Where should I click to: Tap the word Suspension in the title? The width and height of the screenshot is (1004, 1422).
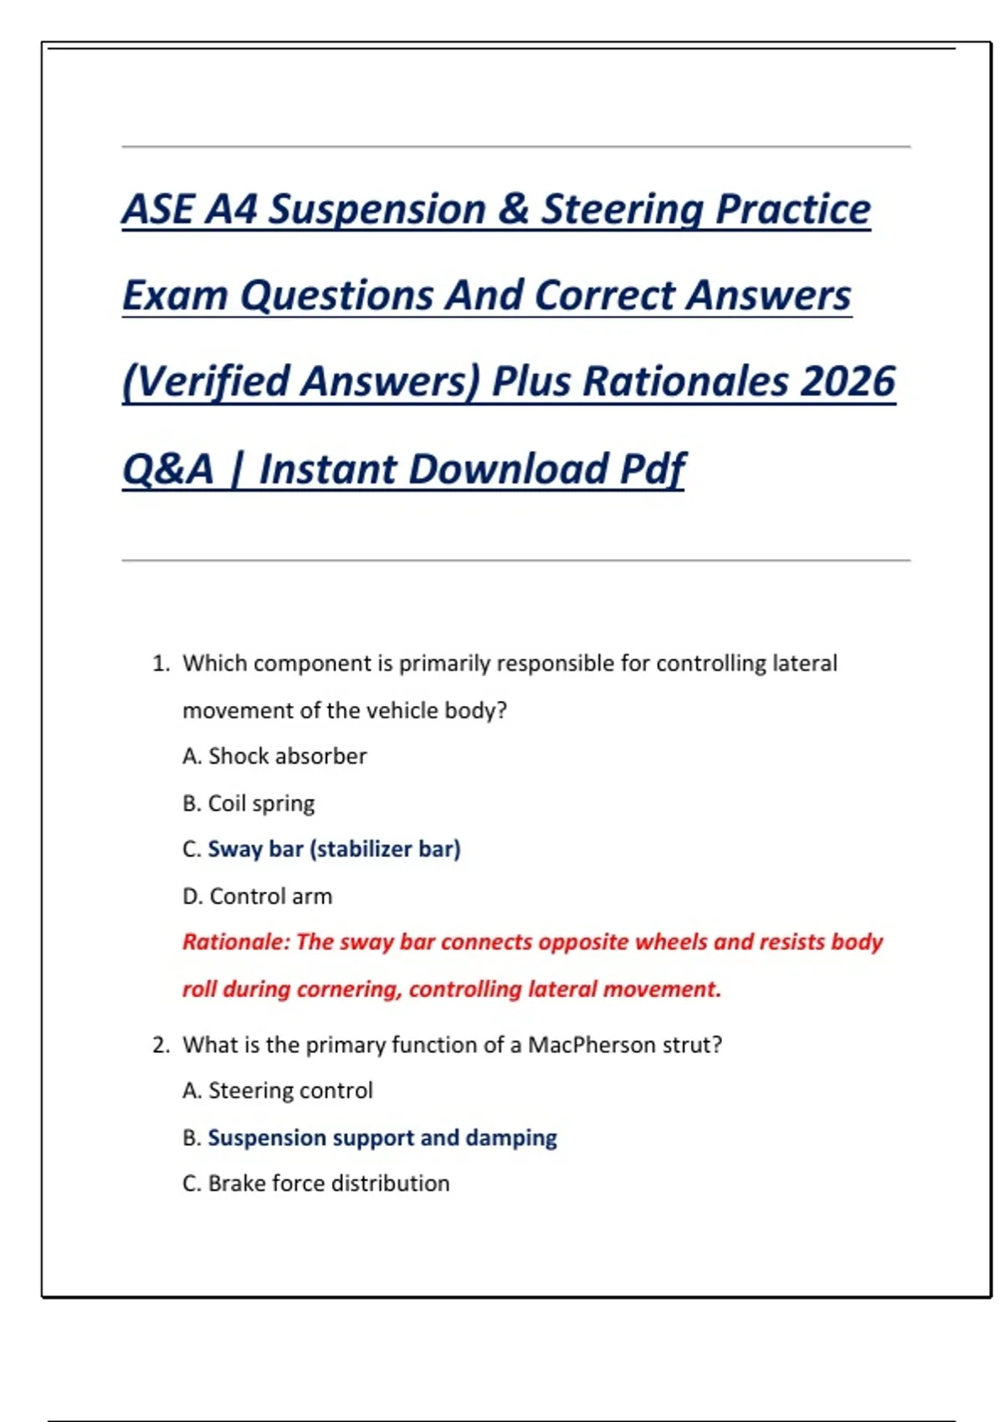[x=376, y=209]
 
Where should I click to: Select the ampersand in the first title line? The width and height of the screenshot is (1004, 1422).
[x=512, y=209]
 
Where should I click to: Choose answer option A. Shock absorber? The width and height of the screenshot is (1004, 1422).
[x=274, y=756]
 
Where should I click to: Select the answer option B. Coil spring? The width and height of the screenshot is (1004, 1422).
[x=248, y=803]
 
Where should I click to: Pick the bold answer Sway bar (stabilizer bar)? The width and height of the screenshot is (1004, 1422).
[x=334, y=849]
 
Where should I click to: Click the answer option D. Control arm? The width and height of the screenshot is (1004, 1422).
[x=258, y=896]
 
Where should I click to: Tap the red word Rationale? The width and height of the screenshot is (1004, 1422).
[x=236, y=942]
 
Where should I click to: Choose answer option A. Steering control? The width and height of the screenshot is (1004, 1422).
[x=278, y=1091]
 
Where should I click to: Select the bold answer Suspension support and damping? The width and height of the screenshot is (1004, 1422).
[x=382, y=1138]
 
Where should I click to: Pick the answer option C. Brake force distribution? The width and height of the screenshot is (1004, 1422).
[x=316, y=1184]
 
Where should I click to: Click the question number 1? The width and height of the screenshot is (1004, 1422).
[x=161, y=663]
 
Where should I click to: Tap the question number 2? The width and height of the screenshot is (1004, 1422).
[x=161, y=1045]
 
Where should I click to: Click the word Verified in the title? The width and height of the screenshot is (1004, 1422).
[x=209, y=381]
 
